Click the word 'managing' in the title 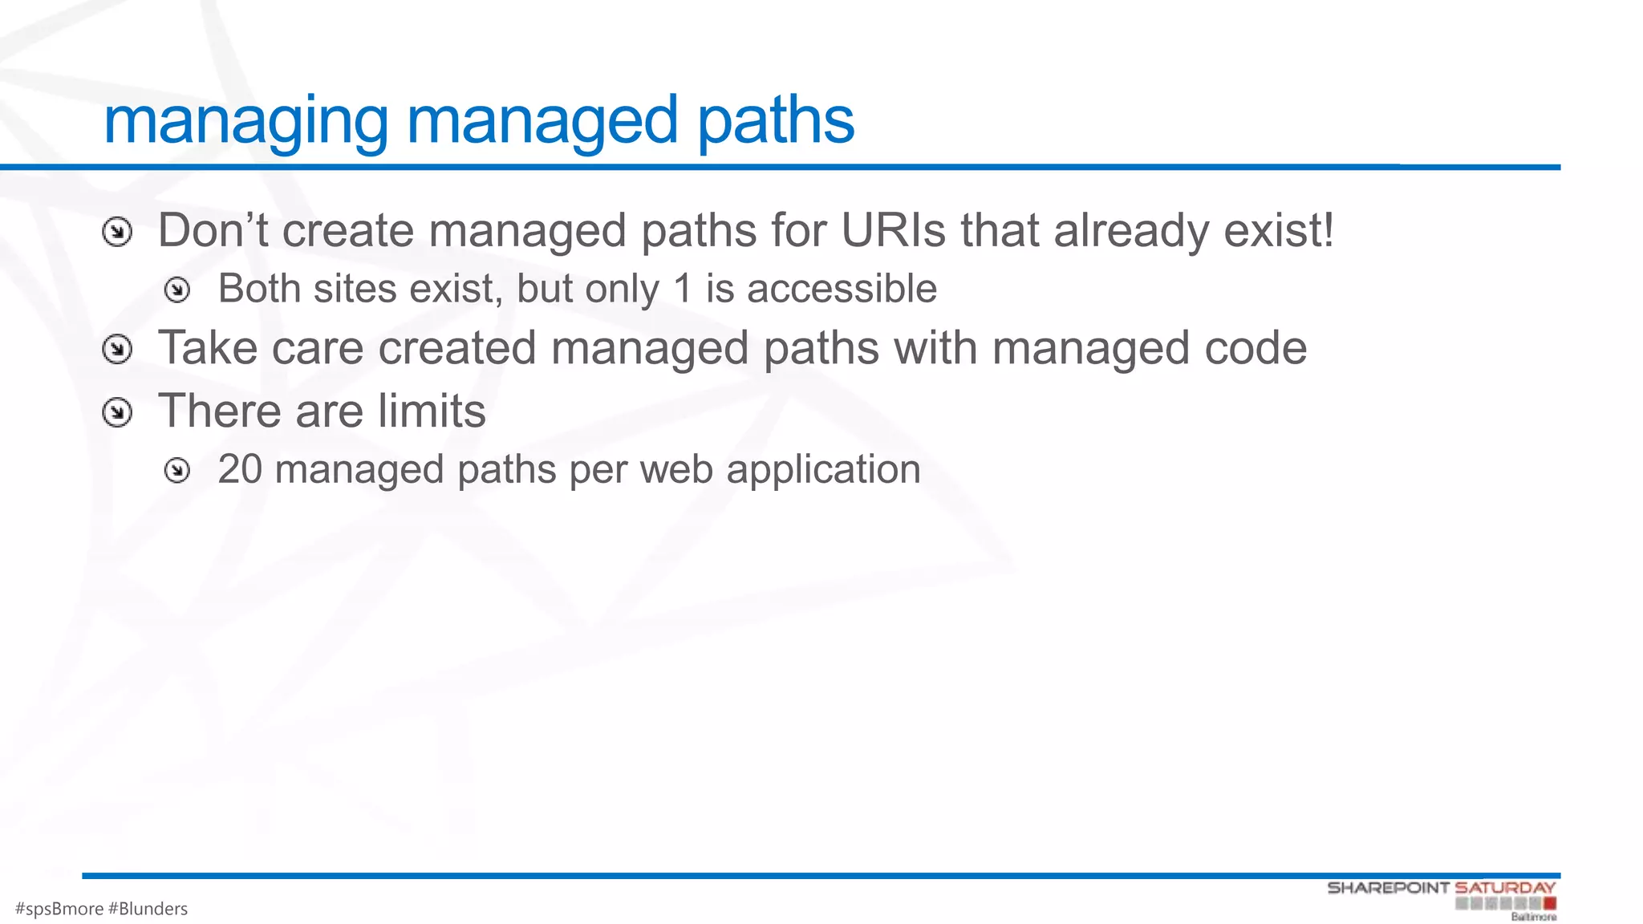(x=245, y=121)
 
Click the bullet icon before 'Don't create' (x=117, y=233)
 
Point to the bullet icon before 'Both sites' (x=176, y=290)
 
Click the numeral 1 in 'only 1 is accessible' (x=682, y=289)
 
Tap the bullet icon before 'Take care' (x=117, y=350)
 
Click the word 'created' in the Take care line (x=456, y=348)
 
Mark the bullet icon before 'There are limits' (x=117, y=412)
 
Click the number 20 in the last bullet (x=240, y=469)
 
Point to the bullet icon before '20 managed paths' (x=176, y=470)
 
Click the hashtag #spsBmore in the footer (x=59, y=909)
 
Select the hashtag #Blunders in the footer (x=148, y=909)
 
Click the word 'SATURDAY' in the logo (x=1505, y=888)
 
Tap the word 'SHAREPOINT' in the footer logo (x=1388, y=888)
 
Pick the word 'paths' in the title (x=775, y=121)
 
